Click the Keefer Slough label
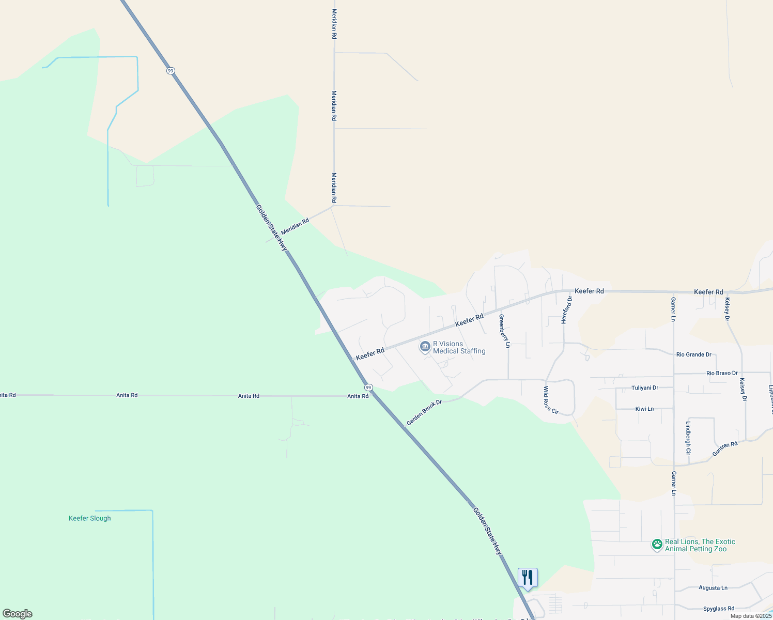[x=90, y=518]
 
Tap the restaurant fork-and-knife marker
[x=528, y=577]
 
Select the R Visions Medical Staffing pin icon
[x=425, y=347]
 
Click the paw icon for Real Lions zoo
[x=657, y=545]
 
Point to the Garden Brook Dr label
[x=424, y=412]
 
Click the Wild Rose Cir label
[x=551, y=400]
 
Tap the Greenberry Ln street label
[x=505, y=331]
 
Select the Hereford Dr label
[x=567, y=310]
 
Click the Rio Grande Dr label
[x=693, y=354]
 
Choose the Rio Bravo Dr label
[x=722, y=373]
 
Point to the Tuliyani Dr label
[x=644, y=388]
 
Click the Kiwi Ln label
[x=644, y=409]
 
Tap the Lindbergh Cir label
[x=688, y=438]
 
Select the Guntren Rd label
[x=724, y=448]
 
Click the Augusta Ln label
[x=713, y=588]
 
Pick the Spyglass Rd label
[x=718, y=609]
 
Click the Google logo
[x=18, y=614]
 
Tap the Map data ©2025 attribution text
[x=751, y=616]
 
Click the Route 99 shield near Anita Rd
[x=368, y=388]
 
